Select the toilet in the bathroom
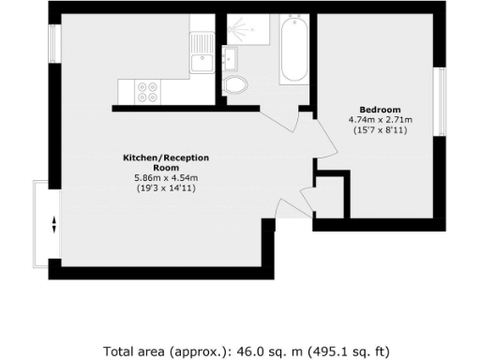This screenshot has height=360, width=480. click(235, 85)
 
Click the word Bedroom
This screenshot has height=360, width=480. click(381, 109)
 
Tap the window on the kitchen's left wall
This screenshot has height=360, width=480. click(54, 42)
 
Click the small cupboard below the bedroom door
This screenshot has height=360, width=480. click(332, 197)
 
